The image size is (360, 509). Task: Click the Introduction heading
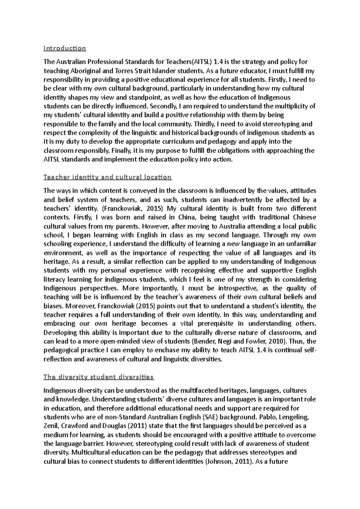coord(65,48)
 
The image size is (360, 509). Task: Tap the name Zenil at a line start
coord(51,426)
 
